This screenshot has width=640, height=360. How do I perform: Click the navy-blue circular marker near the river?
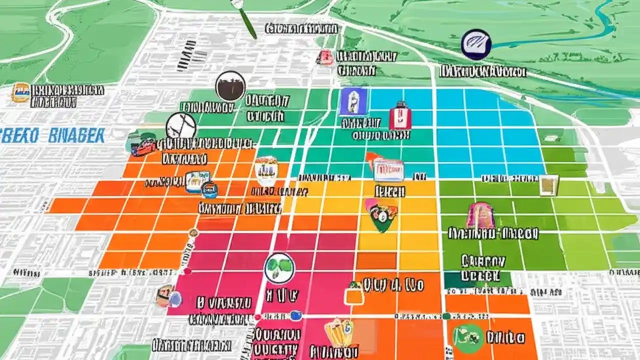click(x=475, y=43)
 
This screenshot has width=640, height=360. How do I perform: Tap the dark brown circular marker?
click(x=230, y=86)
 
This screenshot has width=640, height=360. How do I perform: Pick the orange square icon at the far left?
click(x=20, y=93)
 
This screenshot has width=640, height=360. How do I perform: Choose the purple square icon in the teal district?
click(x=353, y=102)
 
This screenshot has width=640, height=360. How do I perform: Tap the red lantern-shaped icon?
click(x=400, y=116)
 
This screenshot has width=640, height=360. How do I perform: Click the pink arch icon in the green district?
click(x=480, y=215)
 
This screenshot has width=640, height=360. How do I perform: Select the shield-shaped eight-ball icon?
click(x=381, y=215)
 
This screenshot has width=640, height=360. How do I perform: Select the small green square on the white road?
click(x=445, y=316)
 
